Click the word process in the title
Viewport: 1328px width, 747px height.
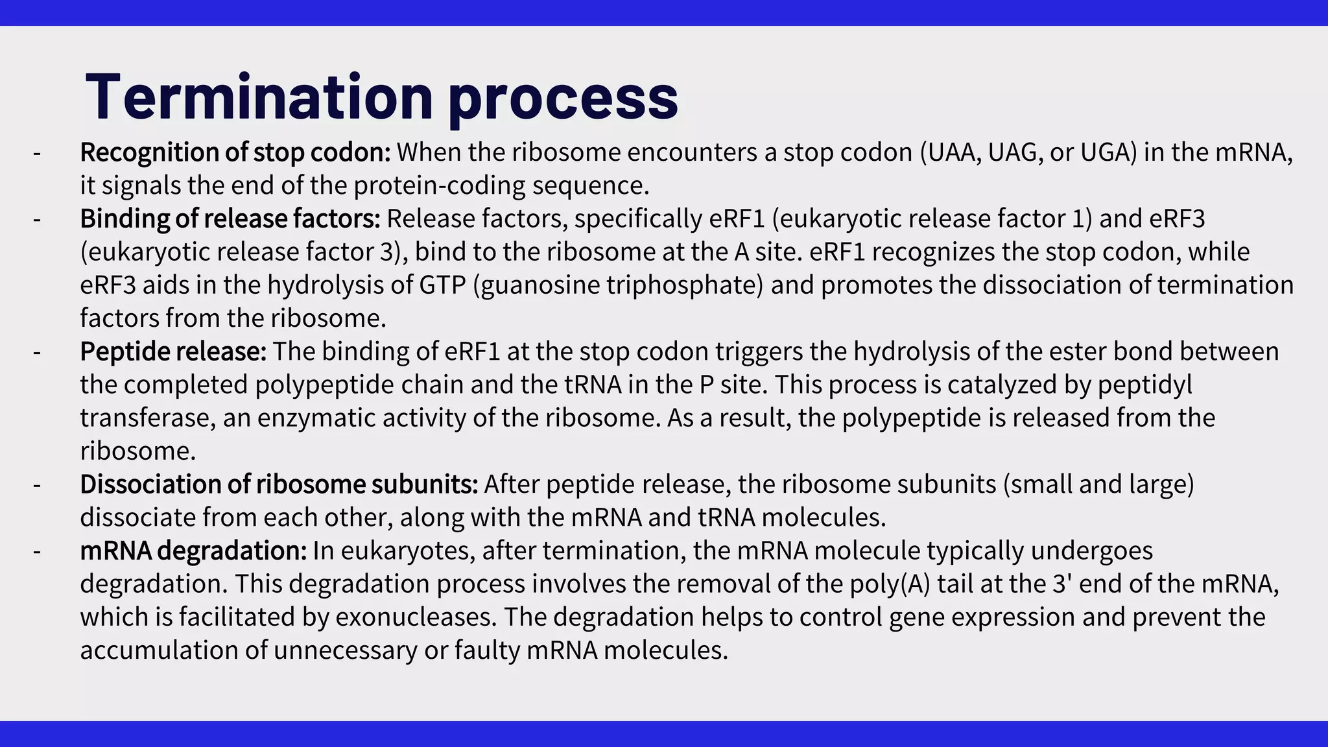click(x=563, y=97)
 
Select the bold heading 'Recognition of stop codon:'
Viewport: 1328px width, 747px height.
click(x=235, y=152)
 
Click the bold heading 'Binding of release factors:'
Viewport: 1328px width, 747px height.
click(x=230, y=219)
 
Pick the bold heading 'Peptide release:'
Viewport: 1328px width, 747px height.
click(x=173, y=351)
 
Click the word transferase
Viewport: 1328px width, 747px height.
click(x=147, y=418)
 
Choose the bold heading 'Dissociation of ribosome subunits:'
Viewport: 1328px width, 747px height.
click(x=279, y=484)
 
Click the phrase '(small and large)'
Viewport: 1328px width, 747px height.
click(x=1098, y=484)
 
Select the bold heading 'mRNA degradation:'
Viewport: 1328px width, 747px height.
click(x=193, y=551)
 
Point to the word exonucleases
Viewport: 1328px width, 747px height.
click(x=416, y=617)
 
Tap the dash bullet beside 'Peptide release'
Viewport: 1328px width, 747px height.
click(x=37, y=351)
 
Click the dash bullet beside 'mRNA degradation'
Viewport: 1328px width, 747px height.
click(x=37, y=551)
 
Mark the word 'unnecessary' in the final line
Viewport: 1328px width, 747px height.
click(x=345, y=650)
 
